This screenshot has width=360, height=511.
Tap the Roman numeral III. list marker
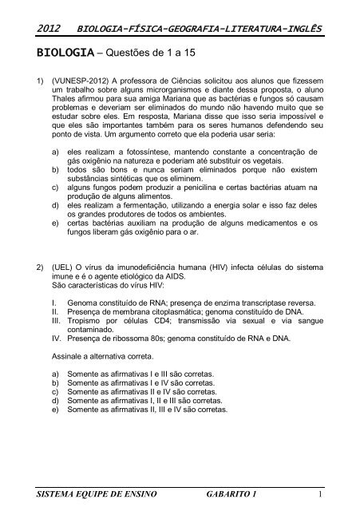pyautogui.click(x=56, y=364)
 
